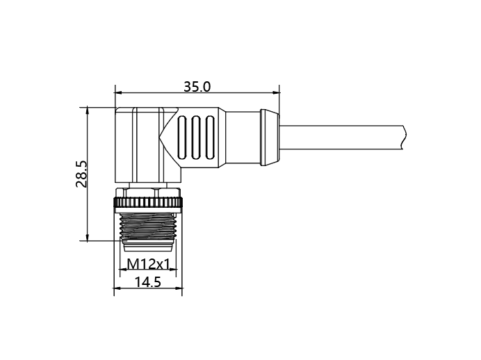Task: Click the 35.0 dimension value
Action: tap(197, 87)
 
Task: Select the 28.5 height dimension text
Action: tap(81, 174)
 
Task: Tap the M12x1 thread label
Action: tap(149, 263)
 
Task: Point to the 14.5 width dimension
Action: tap(148, 281)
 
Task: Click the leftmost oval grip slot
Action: tap(181, 138)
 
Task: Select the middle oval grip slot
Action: tap(196, 138)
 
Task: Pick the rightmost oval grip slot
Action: tap(210, 138)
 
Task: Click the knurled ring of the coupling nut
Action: tap(148, 202)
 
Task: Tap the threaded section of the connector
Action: tap(148, 226)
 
